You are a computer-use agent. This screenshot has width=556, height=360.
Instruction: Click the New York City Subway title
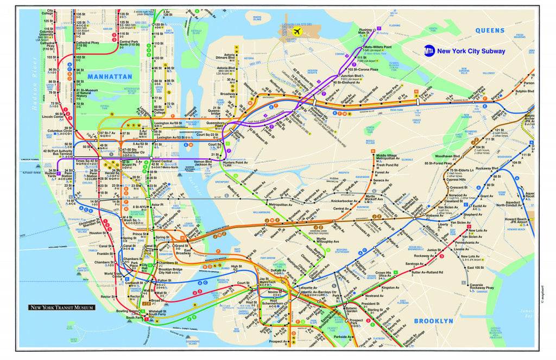pyautogui.click(x=471, y=52)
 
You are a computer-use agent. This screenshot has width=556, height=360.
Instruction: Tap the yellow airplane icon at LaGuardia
pyautogui.click(x=297, y=31)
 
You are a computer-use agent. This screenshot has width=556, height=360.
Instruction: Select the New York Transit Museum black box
pyautogui.click(x=61, y=307)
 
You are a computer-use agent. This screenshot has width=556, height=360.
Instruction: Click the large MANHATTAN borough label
pyautogui.click(x=110, y=77)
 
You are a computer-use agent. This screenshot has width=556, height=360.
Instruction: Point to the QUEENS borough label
pyautogui.click(x=490, y=31)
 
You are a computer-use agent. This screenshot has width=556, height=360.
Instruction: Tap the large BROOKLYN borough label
pyautogui.click(x=433, y=321)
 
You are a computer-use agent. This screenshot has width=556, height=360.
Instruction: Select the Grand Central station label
pyautogui.click(x=162, y=162)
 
